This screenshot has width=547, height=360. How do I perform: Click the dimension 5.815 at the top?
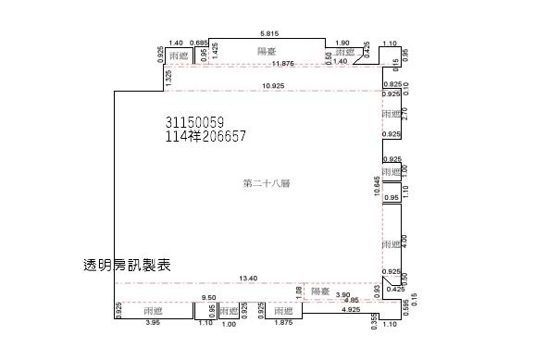(x=267, y=31)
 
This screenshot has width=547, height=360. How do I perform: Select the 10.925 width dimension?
(x=273, y=86)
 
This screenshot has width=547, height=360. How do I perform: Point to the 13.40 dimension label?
(x=247, y=278)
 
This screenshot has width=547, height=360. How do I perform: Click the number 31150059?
(x=194, y=122)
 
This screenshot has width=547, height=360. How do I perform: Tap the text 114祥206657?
(x=205, y=136)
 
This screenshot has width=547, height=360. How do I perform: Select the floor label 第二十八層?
(x=267, y=184)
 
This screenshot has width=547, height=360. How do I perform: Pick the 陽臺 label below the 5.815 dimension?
(x=267, y=51)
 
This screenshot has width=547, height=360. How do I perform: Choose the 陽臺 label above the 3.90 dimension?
(x=320, y=291)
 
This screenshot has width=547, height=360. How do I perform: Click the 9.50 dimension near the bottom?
(x=209, y=298)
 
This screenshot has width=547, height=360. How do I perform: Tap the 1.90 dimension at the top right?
(x=342, y=43)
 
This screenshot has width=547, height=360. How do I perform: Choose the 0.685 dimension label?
(x=198, y=43)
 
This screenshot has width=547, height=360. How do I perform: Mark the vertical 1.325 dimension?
(x=168, y=80)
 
